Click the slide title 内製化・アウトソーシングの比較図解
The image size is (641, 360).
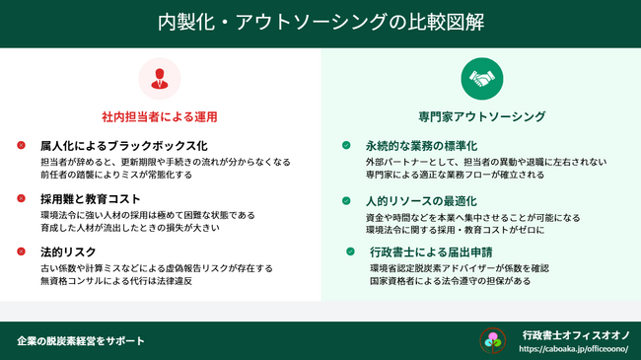tap(320, 24)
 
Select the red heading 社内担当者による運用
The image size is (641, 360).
tap(159, 116)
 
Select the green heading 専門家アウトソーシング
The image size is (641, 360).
tap(481, 116)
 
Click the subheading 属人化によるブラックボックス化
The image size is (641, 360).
tap(123, 145)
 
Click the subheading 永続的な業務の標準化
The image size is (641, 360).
tap(420, 145)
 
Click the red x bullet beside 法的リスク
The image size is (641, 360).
tap(21, 252)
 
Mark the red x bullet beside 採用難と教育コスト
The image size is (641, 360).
tap(21, 198)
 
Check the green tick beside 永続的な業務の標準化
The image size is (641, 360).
tap(346, 145)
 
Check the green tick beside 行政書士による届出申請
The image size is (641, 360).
tap(350, 252)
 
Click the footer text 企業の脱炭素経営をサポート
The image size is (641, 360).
tap(81, 340)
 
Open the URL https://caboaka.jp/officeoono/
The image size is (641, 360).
tap(573, 349)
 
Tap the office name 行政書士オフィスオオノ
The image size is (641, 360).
tap(576, 335)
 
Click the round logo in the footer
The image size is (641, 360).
tap(492, 340)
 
